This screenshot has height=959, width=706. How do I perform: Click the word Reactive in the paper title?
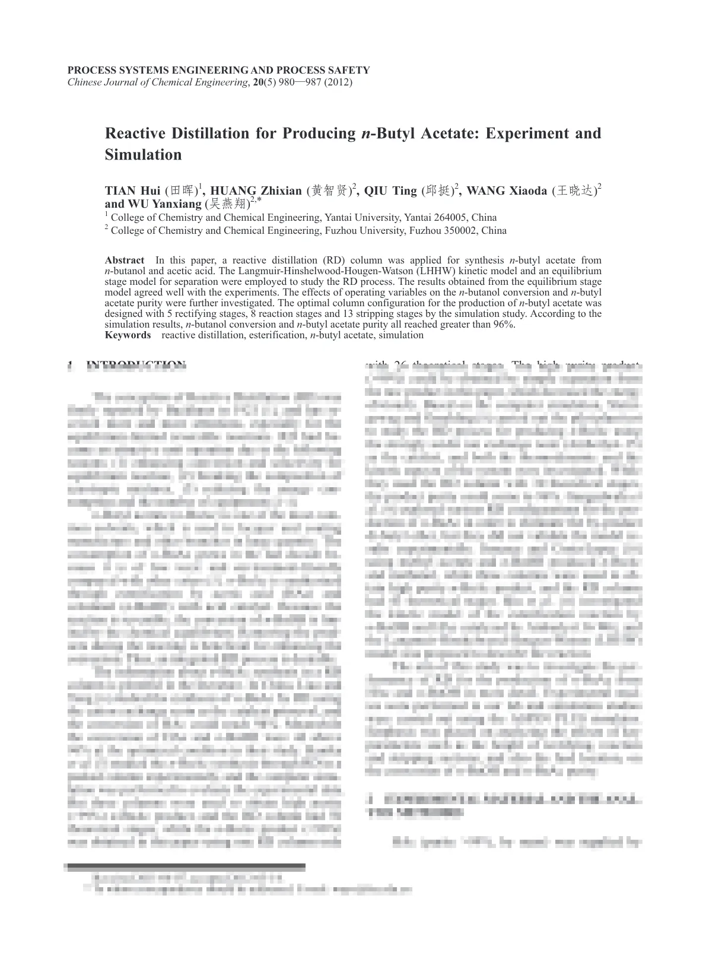[134, 133]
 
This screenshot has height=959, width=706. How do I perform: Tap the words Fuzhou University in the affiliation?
[364, 230]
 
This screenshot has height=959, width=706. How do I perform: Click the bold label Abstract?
[124, 260]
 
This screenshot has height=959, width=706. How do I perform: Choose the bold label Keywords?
[128, 335]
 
